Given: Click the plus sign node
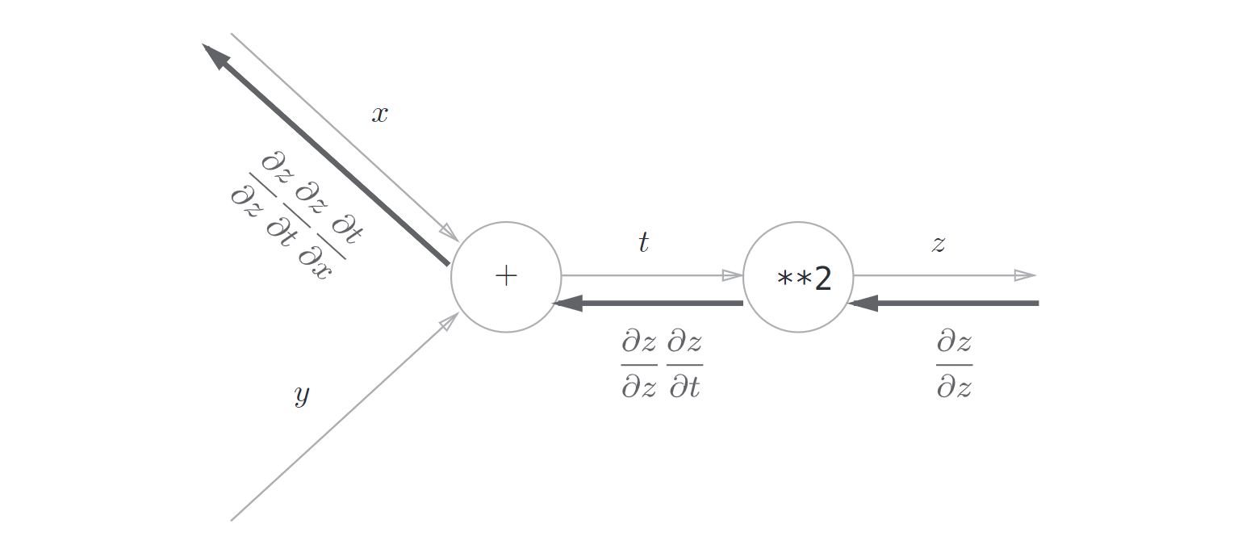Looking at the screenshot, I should [x=506, y=277].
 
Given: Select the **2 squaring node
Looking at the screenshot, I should [x=797, y=277].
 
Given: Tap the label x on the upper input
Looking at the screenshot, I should [x=379, y=115].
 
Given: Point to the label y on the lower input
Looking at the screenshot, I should [x=301, y=396].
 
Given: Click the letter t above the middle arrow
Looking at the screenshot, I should [x=643, y=242].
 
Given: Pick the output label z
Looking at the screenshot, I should [x=938, y=244].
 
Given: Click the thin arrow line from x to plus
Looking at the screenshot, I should [x=339, y=133].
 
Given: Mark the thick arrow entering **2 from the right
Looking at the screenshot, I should [x=944, y=304].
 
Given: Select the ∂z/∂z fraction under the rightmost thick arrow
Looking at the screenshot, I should [x=954, y=365].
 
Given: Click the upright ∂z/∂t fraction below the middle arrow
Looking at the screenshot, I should [x=684, y=365].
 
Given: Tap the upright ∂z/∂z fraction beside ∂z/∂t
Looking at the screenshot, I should [x=639, y=365].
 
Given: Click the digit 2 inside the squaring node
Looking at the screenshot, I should [x=822, y=279].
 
